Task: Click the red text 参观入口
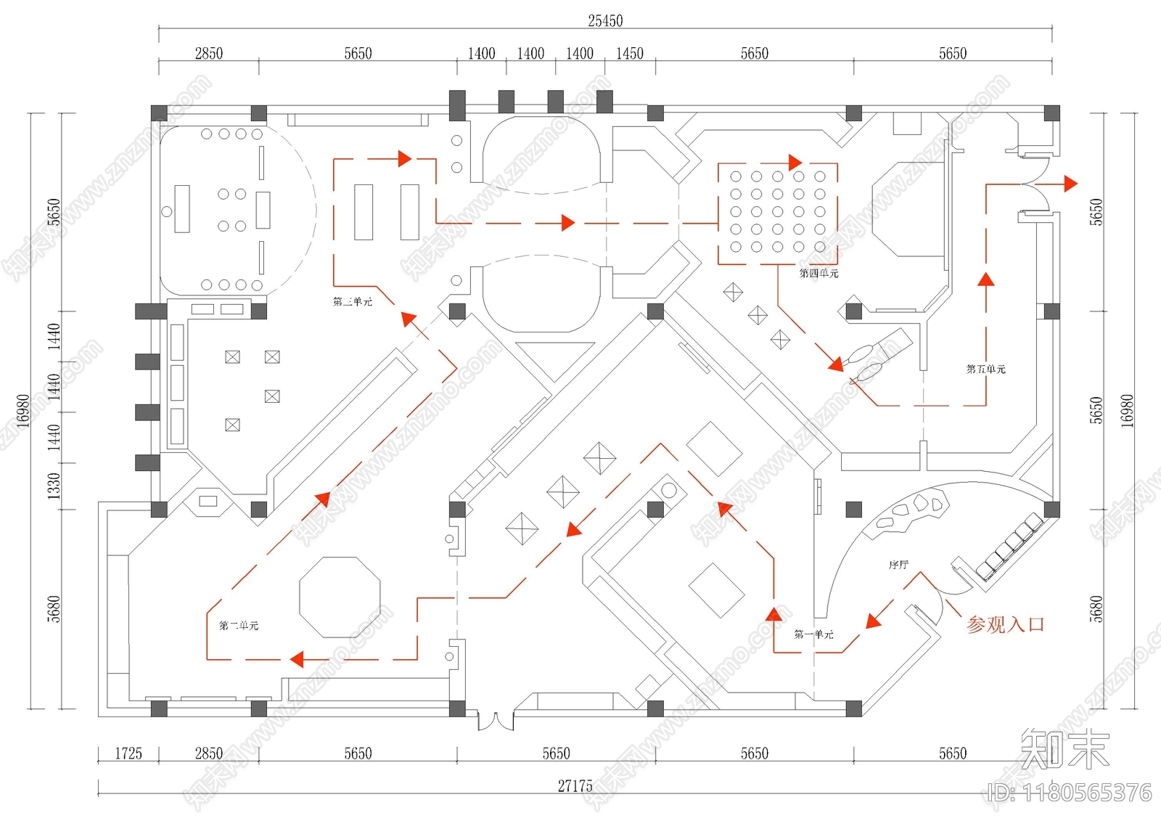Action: click(x=1005, y=624)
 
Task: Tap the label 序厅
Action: click(x=898, y=565)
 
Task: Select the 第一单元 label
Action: click(x=813, y=634)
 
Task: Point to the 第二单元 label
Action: click(x=239, y=625)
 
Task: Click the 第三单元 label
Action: click(x=353, y=302)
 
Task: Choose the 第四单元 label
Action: click(x=819, y=274)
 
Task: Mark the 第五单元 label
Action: click(x=985, y=369)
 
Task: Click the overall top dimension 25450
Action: click(x=605, y=21)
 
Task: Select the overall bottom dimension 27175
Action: click(x=575, y=785)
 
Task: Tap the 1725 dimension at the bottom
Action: click(x=128, y=753)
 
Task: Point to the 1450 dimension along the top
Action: click(x=629, y=54)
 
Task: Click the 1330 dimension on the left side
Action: click(x=54, y=486)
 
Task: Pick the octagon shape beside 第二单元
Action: click(x=340, y=597)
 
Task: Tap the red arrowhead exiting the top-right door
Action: click(x=1070, y=184)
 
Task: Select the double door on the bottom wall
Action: click(x=496, y=720)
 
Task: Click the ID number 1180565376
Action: click(x=1070, y=793)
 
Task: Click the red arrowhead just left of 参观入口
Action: click(x=874, y=621)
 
